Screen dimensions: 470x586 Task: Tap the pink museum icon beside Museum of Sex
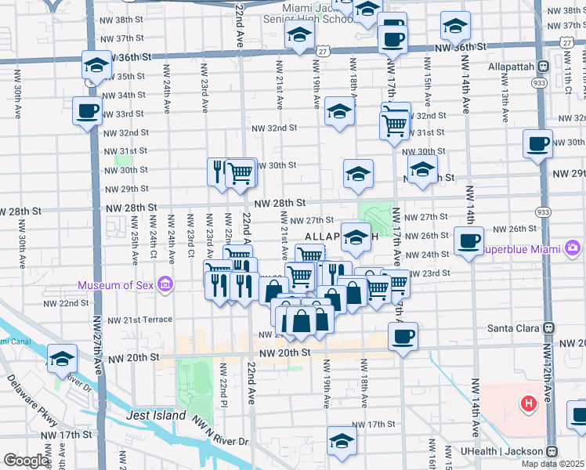(165, 284)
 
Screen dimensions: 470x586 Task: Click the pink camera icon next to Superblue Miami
(573, 248)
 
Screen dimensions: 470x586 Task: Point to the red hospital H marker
(529, 404)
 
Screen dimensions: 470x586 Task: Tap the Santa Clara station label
(512, 328)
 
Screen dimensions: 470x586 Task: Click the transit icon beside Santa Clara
(548, 328)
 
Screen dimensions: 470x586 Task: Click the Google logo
(26, 461)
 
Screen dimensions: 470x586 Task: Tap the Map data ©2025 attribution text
(553, 464)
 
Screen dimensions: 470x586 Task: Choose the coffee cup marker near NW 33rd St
(87, 110)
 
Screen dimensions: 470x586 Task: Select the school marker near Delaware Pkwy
(61, 358)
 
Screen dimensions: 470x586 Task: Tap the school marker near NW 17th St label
(341, 440)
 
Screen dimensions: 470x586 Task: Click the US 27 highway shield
(322, 50)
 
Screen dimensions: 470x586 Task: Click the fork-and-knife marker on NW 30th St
(219, 170)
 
